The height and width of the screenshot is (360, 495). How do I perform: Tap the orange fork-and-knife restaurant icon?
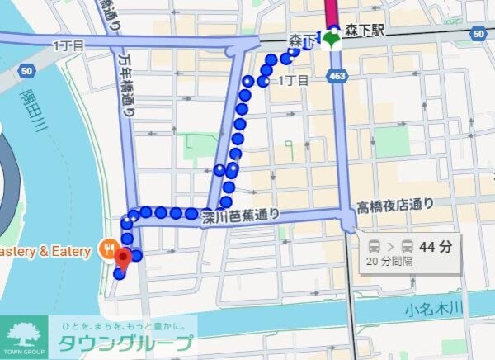[x=107, y=246]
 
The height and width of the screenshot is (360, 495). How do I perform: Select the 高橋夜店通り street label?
[x=394, y=205]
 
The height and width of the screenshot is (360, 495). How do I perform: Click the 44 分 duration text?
[x=436, y=246]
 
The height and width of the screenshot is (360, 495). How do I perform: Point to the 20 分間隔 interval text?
[x=391, y=262]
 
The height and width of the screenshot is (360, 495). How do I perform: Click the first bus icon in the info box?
[x=375, y=246]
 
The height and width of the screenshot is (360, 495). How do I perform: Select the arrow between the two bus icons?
[x=391, y=246]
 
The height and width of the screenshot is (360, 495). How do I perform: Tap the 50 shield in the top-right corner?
[x=479, y=34]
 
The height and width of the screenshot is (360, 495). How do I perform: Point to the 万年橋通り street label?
[x=127, y=83]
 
